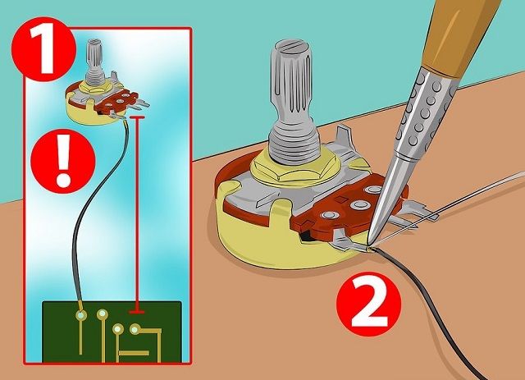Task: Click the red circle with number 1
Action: tap(43, 49)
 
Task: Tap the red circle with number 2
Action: tap(368, 304)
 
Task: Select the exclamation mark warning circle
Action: tap(63, 161)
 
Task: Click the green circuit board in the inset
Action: tap(112, 332)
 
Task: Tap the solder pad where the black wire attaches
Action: tap(80, 315)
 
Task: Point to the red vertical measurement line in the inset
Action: tap(137, 214)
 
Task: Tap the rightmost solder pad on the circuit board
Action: tap(135, 330)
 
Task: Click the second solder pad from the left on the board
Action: tap(102, 314)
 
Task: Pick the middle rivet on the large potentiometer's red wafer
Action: tap(360, 204)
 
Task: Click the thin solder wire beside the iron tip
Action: tap(449, 208)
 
